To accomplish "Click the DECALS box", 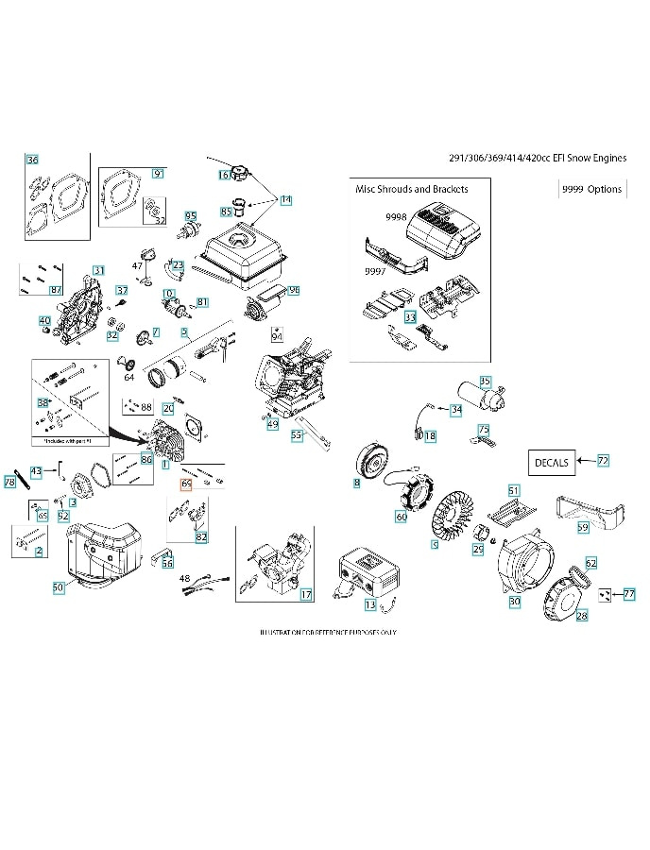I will [552, 463].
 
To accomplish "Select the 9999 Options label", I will [591, 189].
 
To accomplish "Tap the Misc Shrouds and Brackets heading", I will [411, 189].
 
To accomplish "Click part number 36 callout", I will [32, 160].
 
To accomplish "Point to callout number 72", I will [603, 460].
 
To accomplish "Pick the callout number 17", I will [306, 594].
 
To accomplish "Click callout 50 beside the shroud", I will [58, 586].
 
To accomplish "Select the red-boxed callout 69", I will [186, 484].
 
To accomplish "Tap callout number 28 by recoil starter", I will [582, 615].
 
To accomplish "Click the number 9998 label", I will [396, 217].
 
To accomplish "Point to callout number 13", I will [370, 604].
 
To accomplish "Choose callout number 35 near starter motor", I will [485, 382].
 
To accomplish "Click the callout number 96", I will [294, 291].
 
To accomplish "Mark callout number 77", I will [629, 594].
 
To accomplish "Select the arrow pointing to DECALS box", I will [585, 461].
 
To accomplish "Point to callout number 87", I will [56, 289].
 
